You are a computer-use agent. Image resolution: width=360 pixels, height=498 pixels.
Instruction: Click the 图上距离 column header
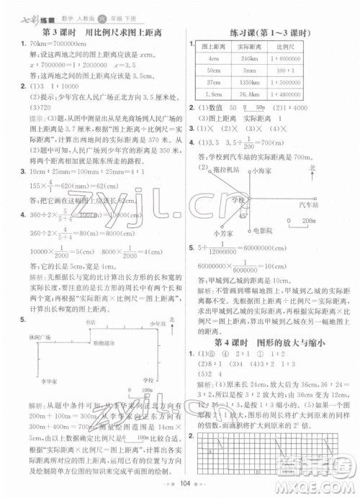click(x=212, y=46)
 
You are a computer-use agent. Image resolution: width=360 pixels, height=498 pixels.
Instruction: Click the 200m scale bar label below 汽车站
click(x=309, y=222)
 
